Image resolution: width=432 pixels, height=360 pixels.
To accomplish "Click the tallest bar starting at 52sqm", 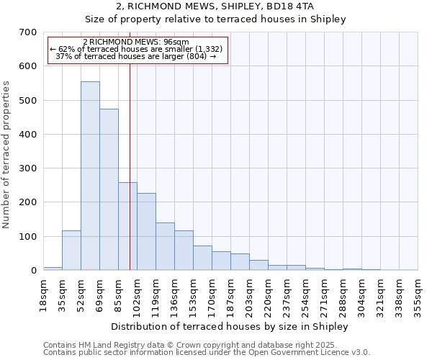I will [x=90, y=176].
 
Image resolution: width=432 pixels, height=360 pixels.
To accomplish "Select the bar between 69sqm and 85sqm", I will [x=109, y=190].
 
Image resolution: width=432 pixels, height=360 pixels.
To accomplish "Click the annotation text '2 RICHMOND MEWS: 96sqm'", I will [x=136, y=42].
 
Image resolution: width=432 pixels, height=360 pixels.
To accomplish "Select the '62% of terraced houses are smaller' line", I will [x=136, y=49].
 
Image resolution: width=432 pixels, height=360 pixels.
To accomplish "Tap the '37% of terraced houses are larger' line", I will [x=136, y=56].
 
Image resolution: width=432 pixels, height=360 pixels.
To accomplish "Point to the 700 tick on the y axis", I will [x=28, y=32].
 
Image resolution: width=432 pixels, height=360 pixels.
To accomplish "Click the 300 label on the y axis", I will [x=28, y=168].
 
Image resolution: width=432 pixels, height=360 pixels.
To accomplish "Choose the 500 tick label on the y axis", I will [x=28, y=101].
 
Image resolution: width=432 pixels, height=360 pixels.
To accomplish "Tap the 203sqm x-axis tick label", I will [x=249, y=294].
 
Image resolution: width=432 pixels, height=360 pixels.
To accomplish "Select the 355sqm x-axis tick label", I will [x=418, y=294].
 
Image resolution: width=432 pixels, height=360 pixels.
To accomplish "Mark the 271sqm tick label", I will [x=324, y=294].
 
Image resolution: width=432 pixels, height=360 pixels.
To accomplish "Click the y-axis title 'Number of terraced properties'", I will [x=7, y=154].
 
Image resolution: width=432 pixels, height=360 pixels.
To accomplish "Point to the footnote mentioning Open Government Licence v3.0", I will [x=207, y=353].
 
